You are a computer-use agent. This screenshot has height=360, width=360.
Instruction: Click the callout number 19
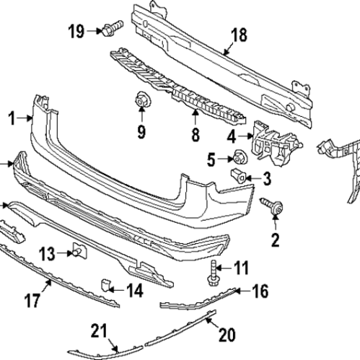[76, 30]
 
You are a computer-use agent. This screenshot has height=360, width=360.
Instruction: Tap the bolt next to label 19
[110, 30]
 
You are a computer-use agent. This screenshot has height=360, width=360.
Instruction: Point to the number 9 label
[141, 131]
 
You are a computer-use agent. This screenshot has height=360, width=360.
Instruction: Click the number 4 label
[232, 136]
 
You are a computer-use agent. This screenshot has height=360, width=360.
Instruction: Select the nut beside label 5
[236, 157]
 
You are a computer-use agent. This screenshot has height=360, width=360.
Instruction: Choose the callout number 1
[11, 116]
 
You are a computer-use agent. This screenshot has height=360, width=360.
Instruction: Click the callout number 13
[47, 253]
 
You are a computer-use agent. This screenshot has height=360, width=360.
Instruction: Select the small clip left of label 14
[105, 286]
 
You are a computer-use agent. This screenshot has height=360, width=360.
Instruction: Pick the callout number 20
[227, 334]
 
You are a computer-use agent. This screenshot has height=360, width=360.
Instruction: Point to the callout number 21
[99, 331]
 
